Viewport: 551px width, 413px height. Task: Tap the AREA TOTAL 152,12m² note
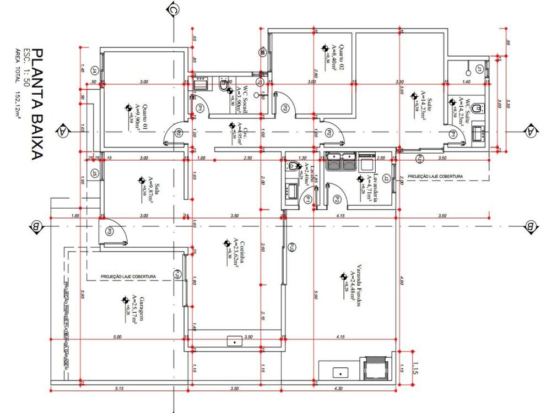pyautogui.click(x=18, y=83)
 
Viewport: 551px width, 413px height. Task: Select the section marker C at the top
pyautogui.click(x=173, y=9)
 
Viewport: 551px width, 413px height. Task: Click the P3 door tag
pyautogui.click(x=109, y=232)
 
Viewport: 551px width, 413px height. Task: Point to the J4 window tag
pyautogui.click(x=95, y=70)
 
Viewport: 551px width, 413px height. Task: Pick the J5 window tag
pyautogui.click(x=95, y=174)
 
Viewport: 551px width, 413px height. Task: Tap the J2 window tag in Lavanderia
pyautogui.click(x=386, y=178)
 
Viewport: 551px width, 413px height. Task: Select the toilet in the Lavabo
pyautogui.click(x=293, y=165)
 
